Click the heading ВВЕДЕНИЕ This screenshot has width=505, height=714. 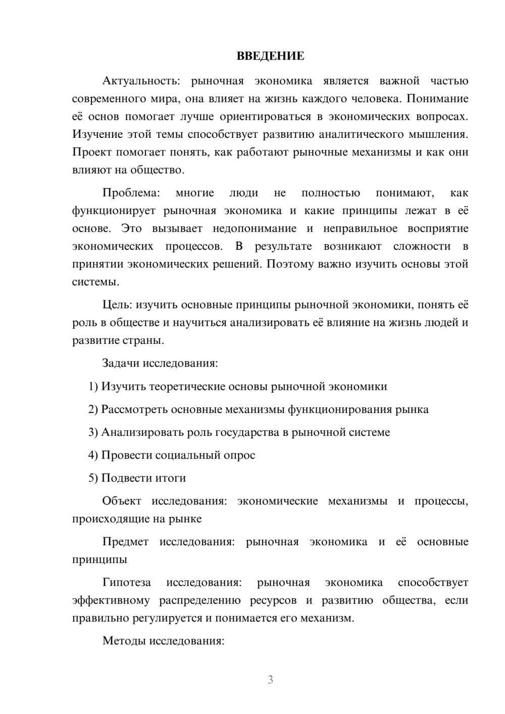(270, 56)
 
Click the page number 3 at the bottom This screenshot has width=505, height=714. (270, 680)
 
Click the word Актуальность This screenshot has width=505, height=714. (139, 81)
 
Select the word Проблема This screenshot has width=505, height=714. (131, 193)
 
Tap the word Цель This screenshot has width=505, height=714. (117, 304)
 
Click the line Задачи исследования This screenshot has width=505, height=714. (160, 363)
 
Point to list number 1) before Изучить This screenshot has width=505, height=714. (93, 386)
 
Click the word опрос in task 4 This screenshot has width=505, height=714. (239, 455)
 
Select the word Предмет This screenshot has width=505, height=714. (125, 542)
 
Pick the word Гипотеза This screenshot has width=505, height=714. (126, 582)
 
